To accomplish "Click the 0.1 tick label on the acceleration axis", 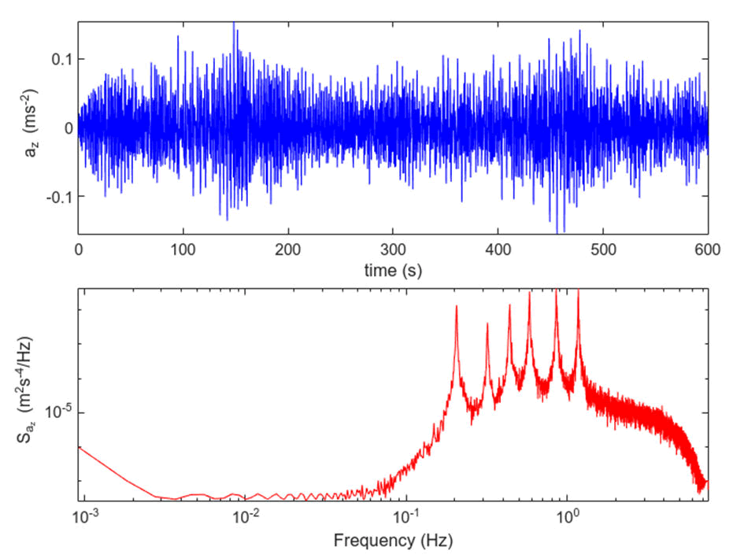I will tap(59, 59).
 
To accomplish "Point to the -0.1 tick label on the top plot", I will tap(57, 196).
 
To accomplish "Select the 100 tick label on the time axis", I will tap(183, 249).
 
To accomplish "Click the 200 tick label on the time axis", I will tap(288, 249).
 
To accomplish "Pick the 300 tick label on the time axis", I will tap(393, 249).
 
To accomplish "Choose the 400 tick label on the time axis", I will tap(498, 249).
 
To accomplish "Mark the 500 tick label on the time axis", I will tap(603, 249).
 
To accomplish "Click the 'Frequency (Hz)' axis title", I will tap(393, 541).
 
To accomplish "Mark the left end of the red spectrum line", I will tap(79, 447).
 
